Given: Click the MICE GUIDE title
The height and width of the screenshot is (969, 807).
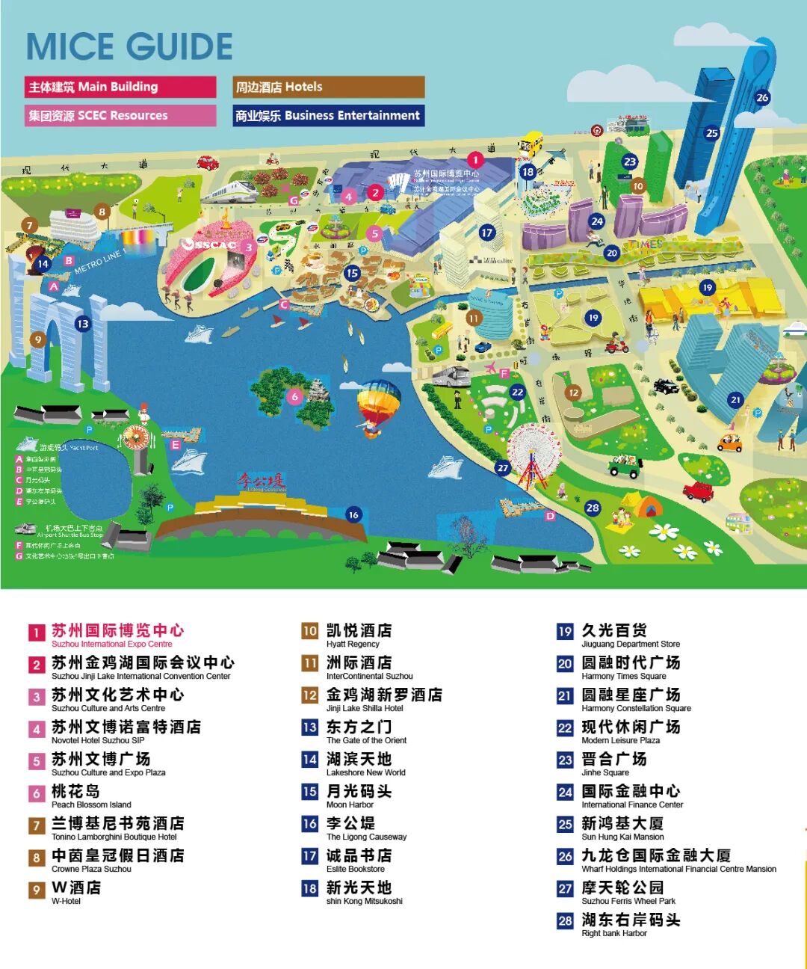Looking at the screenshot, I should click(129, 46).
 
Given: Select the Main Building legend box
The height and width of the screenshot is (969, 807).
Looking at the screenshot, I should click(120, 87).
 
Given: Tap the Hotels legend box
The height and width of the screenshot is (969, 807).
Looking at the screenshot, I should click(328, 87).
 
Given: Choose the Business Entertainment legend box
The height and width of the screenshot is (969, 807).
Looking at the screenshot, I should click(328, 115).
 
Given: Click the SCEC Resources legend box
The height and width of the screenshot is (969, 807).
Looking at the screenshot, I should click(120, 115).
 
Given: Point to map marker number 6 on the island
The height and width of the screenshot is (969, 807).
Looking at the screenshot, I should click(295, 396).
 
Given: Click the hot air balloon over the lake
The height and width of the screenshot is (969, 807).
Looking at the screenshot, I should click(378, 407).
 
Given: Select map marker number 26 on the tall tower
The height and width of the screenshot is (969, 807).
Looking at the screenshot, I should click(762, 97).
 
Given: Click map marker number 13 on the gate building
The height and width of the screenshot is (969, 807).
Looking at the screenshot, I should click(82, 324).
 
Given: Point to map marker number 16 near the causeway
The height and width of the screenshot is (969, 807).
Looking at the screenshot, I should click(353, 514).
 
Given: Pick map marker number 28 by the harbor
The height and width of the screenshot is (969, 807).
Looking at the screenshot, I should click(593, 508).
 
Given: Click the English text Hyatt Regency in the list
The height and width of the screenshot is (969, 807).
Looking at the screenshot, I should click(353, 644).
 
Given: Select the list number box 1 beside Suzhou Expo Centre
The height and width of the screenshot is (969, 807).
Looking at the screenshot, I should click(37, 633).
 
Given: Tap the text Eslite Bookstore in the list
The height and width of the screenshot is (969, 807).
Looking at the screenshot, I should click(356, 869).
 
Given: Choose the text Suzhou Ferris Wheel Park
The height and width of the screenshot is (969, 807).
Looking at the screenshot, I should click(628, 901).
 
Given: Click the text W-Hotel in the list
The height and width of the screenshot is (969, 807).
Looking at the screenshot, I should click(67, 901).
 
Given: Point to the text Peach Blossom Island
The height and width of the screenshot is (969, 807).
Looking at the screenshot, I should click(91, 805).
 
